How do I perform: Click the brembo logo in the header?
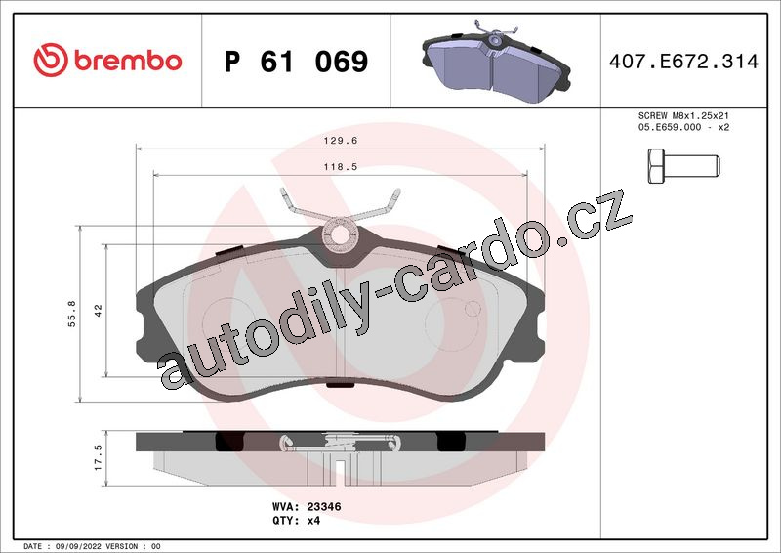tap(107, 61)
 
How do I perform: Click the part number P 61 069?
tap(297, 62)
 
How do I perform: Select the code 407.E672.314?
tap(684, 62)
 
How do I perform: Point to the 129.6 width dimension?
tap(341, 141)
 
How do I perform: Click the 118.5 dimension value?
tap(341, 167)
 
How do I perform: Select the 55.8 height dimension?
tap(72, 314)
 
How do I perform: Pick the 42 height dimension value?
tap(99, 310)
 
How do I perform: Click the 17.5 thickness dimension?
tap(99, 458)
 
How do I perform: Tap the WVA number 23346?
tap(324, 507)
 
